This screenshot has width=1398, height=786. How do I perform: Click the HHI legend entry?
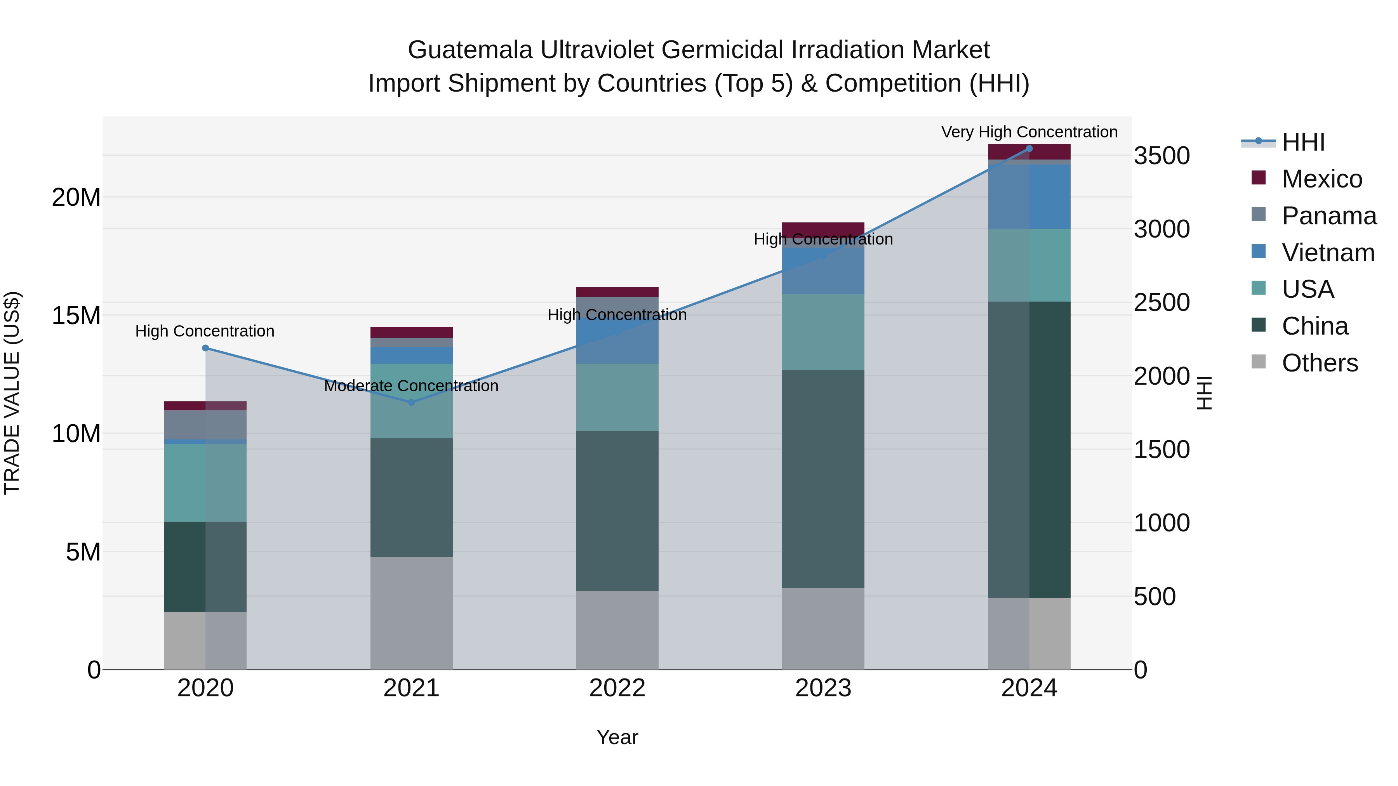point(1302,142)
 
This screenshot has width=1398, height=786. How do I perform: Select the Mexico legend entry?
point(1321,179)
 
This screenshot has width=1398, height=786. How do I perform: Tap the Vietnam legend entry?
point(1327,253)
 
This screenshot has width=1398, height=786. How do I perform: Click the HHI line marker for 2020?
point(205,348)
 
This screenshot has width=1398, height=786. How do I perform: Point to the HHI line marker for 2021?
point(411,403)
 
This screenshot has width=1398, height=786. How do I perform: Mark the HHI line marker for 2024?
point(1029,149)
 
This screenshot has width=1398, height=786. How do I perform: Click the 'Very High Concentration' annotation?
point(1029,132)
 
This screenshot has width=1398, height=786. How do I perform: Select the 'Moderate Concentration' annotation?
point(411,386)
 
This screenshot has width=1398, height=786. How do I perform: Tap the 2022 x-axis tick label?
point(617,688)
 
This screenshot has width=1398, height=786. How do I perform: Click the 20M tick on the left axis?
point(76,198)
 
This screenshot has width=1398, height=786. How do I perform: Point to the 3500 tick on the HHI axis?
point(1162,156)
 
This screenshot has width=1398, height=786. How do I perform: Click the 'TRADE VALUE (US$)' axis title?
point(12,393)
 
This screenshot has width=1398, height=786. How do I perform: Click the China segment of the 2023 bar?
point(823,479)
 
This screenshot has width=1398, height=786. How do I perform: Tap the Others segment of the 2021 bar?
point(411,613)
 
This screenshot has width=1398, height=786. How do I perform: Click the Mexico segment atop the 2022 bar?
point(617,292)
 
